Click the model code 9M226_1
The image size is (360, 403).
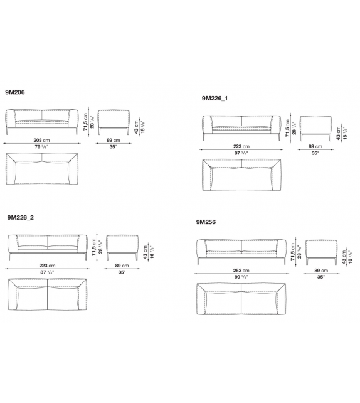click(214, 99)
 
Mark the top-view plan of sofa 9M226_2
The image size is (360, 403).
click(47, 294)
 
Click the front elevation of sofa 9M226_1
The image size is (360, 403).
click(241, 126)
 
